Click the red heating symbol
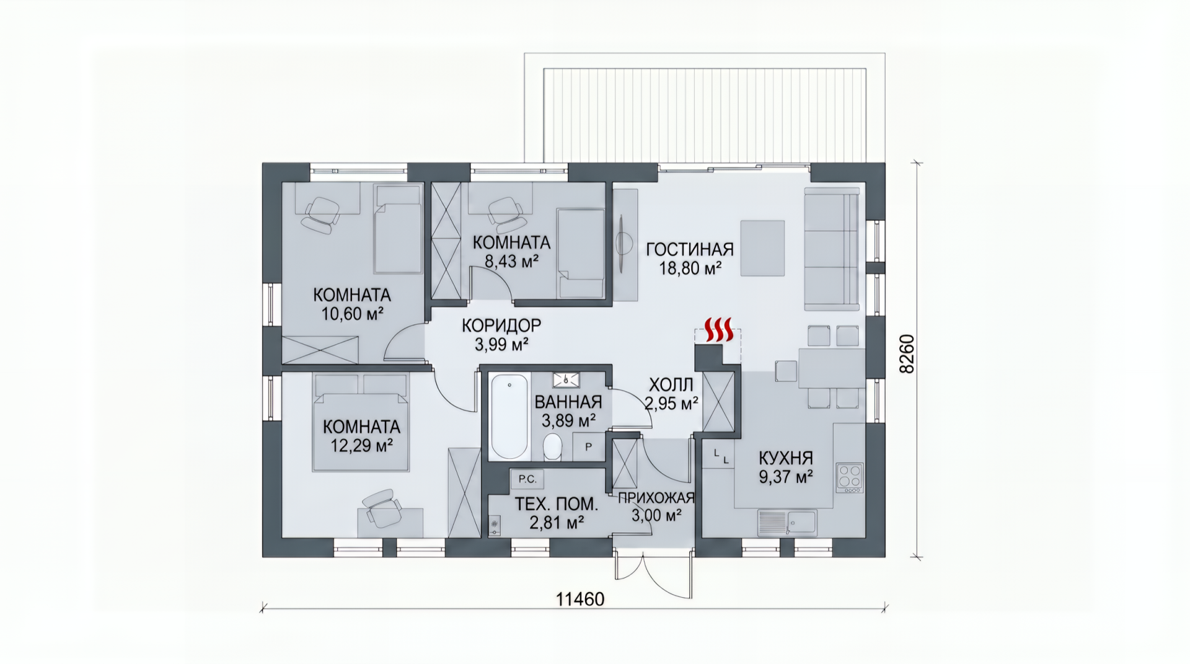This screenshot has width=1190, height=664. pyautogui.click(x=720, y=330)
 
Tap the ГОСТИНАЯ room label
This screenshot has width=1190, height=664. pyautogui.click(x=690, y=249)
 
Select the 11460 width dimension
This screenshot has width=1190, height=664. pyautogui.click(x=580, y=600)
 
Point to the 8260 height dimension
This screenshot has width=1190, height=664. pyautogui.click(x=907, y=354)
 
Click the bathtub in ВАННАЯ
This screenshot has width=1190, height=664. pyautogui.click(x=509, y=416)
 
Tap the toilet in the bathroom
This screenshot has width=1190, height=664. pyautogui.click(x=552, y=447)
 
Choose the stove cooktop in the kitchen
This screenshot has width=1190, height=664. pyautogui.click(x=849, y=477)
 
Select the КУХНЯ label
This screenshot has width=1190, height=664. pyautogui.click(x=786, y=458)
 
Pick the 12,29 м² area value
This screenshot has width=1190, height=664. pyautogui.click(x=361, y=445)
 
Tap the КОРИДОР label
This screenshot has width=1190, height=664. pyautogui.click(x=501, y=325)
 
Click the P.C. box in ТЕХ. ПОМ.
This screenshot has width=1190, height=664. pyautogui.click(x=527, y=479)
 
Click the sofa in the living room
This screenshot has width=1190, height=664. pyautogui.click(x=832, y=249)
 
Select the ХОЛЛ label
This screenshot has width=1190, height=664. pyautogui.click(x=671, y=385)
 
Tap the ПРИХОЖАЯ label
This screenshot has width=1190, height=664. pyautogui.click(x=656, y=498)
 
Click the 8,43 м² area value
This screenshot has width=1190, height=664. pyautogui.click(x=511, y=261)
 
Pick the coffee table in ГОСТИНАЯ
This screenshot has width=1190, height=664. pyautogui.click(x=762, y=248)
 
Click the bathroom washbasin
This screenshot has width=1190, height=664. pyautogui.click(x=565, y=379)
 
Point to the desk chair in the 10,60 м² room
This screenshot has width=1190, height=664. pyautogui.click(x=320, y=214)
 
